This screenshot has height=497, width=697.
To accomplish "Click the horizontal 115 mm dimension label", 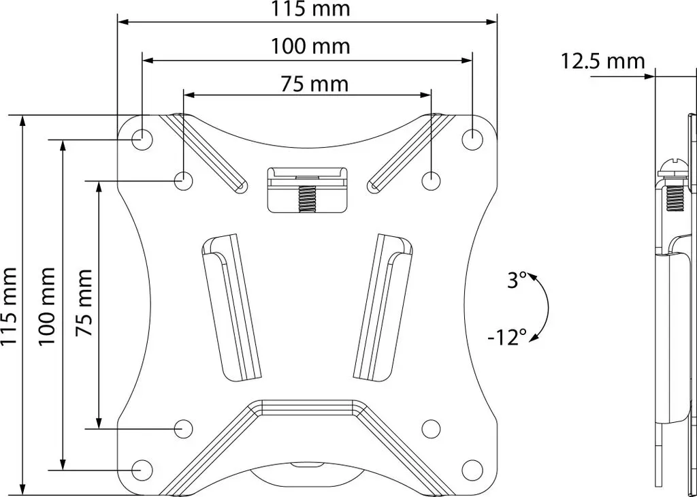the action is (311, 9).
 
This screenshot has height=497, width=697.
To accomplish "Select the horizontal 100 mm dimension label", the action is (311, 46).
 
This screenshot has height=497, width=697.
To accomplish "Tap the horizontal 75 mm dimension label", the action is (314, 84).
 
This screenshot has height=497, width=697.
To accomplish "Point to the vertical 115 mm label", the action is (9, 306).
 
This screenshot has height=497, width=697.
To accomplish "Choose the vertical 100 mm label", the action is (47, 306).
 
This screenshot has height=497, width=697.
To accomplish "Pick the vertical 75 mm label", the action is (84, 302).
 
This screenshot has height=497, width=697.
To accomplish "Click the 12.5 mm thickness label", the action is (602, 61).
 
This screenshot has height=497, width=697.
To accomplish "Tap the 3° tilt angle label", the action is (517, 281).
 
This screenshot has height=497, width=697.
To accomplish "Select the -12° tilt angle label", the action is (506, 338).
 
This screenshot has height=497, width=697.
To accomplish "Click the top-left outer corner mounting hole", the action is (143, 140).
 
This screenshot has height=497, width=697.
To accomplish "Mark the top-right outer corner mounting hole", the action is (472, 140).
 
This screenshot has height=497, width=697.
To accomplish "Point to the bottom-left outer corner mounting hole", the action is (143, 470).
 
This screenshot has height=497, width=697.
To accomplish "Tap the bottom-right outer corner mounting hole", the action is (472, 470).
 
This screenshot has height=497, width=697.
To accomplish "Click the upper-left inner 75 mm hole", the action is (183, 181).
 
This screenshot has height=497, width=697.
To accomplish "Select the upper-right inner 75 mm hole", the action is (431, 181).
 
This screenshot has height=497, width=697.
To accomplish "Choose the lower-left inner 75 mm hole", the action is (183, 428).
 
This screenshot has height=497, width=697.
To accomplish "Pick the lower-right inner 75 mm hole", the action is (431, 428).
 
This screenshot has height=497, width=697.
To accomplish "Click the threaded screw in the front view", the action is (307, 197).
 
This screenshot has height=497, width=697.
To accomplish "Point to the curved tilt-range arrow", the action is (548, 308).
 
